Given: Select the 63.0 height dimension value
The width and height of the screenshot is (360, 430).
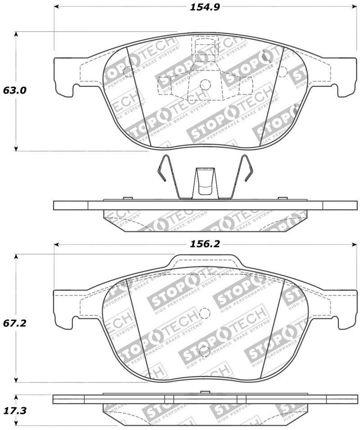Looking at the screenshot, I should (x=15, y=90).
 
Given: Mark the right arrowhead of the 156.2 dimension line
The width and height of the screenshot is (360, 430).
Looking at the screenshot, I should (x=353, y=244).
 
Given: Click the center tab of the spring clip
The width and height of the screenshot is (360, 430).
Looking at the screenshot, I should (x=205, y=182).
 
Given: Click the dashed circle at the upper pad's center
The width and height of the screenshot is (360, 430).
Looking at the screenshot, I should (x=205, y=84).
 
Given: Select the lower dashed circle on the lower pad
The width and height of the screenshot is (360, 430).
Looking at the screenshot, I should (x=205, y=350).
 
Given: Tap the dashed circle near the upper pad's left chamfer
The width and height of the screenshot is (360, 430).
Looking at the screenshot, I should (x=127, y=71).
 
